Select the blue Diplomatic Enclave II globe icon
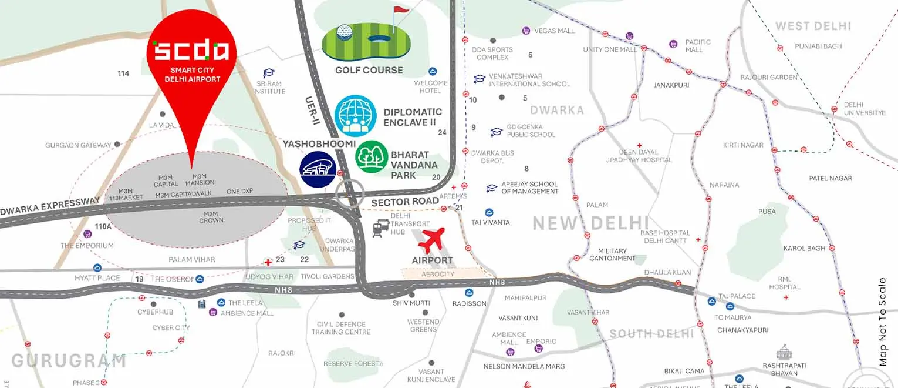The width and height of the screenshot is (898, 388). pyautogui.click(x=355, y=116)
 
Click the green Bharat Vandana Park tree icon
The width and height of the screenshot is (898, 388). pyautogui.click(x=372, y=157)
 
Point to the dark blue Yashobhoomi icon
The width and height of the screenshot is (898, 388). pyautogui.click(x=317, y=169)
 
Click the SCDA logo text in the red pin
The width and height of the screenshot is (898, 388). pyautogui.click(x=191, y=51)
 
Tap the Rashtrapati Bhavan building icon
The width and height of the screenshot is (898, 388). pyautogui.click(x=784, y=353)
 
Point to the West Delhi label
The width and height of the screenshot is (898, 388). pyautogui.click(x=813, y=26)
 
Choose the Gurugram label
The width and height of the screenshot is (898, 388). pyautogui.click(x=69, y=360)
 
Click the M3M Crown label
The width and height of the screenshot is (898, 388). pyautogui.click(x=211, y=217)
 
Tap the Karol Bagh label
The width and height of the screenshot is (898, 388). pyautogui.click(x=804, y=249)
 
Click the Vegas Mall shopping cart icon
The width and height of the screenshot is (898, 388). pyautogui.click(x=526, y=31)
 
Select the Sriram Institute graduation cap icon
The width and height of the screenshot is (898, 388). pyautogui.click(x=269, y=73)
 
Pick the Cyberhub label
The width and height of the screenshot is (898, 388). pyautogui.click(x=155, y=312)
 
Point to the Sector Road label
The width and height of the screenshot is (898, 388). pyautogui.click(x=405, y=202)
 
